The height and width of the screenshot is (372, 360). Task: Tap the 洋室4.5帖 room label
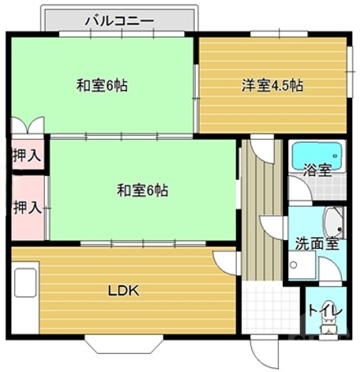point(272,85)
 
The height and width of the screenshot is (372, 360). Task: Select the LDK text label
point(123,290)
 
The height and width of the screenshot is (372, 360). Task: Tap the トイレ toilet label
point(324,310)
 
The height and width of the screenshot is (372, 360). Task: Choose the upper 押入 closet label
point(26,155)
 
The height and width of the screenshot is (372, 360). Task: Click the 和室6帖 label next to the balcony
point(102,85)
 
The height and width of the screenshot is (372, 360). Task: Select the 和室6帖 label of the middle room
point(142,190)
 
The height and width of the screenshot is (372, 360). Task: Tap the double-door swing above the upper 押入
point(28,126)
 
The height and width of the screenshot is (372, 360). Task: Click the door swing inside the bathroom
point(297,189)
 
